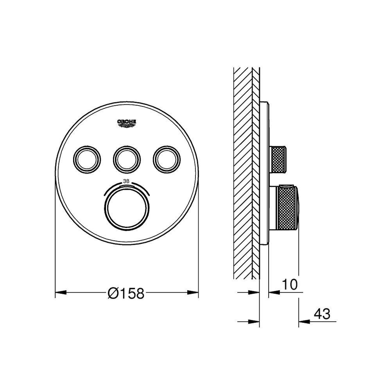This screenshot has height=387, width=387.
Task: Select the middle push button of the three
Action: [127, 159]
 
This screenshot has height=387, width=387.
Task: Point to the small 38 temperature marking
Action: [127, 181]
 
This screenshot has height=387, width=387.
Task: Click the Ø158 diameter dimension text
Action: [127, 293]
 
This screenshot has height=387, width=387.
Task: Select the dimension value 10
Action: [290, 285]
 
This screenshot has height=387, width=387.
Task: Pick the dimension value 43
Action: [322, 314]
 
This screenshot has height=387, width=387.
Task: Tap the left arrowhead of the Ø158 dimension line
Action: [60, 292]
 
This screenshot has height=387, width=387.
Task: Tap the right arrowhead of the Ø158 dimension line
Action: [193, 292]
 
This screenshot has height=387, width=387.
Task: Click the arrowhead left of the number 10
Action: [273, 292]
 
